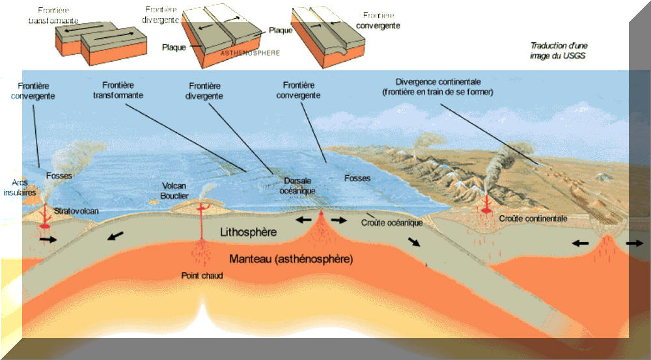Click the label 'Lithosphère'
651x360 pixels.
point(248,232)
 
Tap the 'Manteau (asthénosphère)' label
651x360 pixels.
point(292,259)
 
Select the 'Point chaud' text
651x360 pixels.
point(202,276)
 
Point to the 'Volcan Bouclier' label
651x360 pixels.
point(174,191)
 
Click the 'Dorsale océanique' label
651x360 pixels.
point(298,186)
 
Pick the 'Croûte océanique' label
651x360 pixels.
point(392,223)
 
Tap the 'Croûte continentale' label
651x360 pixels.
point(533,218)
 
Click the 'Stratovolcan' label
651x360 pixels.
point(76,211)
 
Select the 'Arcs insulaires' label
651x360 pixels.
point(20,187)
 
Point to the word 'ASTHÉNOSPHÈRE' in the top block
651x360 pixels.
point(251,53)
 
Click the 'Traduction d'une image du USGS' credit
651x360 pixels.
point(559,51)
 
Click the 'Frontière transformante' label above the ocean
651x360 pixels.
point(118,90)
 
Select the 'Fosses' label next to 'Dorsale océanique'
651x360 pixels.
point(357,178)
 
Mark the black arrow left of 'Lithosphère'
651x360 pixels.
point(115,236)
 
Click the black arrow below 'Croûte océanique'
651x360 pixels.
point(413,242)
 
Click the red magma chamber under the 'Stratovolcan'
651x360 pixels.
point(44,227)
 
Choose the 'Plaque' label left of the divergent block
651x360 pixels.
point(174,48)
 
